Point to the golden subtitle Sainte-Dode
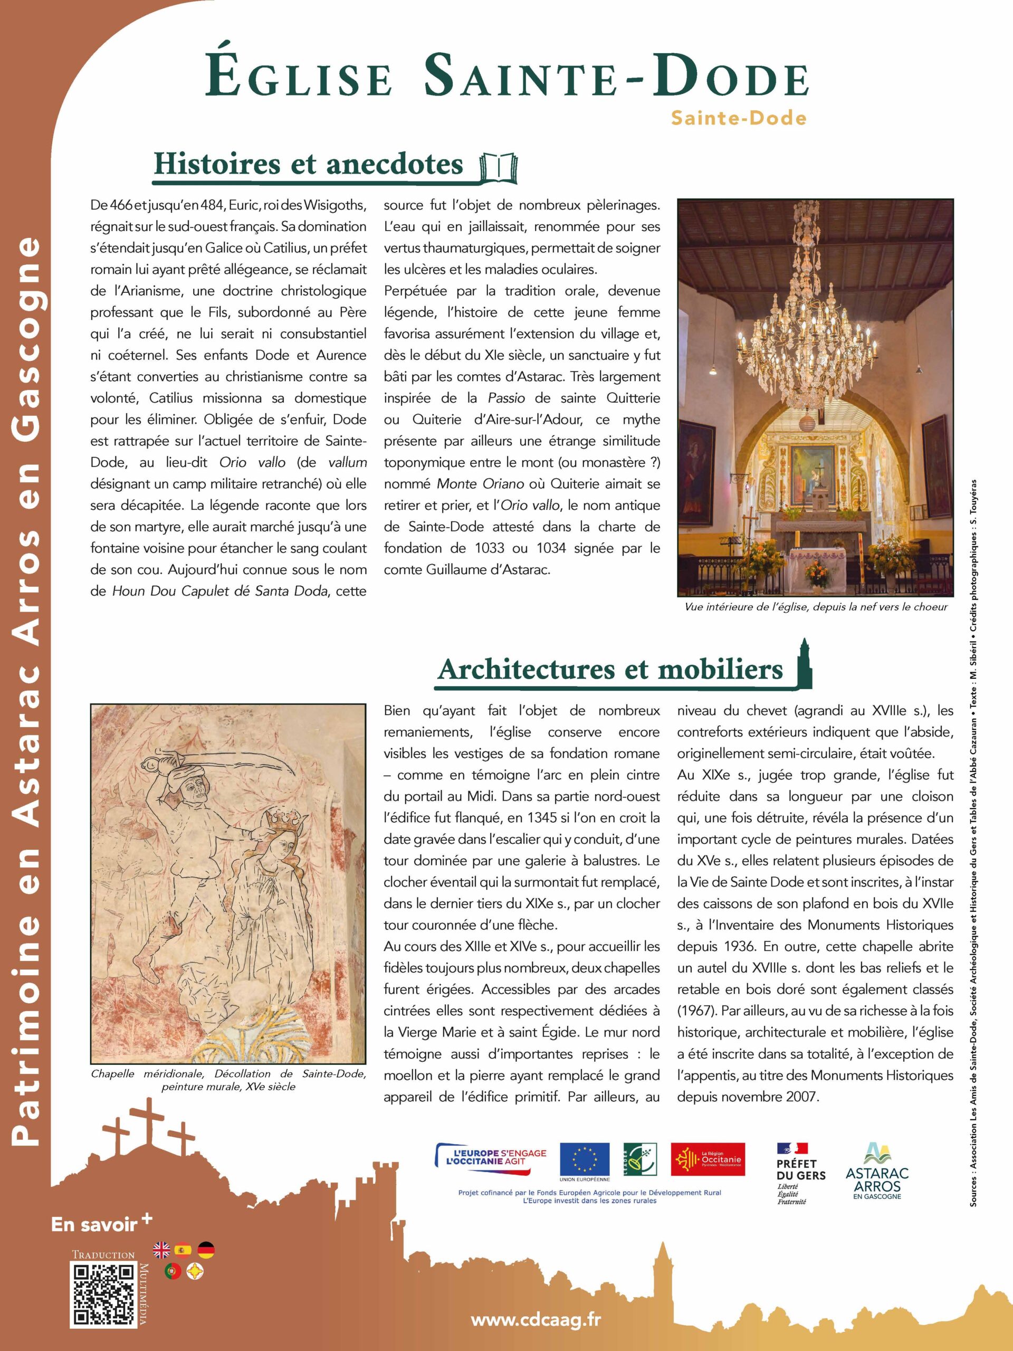click(738, 118)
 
